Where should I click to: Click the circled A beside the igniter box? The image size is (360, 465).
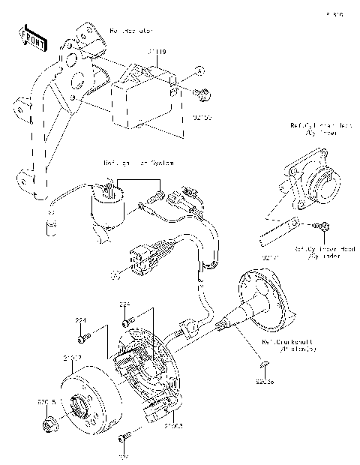point(199,70)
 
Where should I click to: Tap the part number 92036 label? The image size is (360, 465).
point(264,379)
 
